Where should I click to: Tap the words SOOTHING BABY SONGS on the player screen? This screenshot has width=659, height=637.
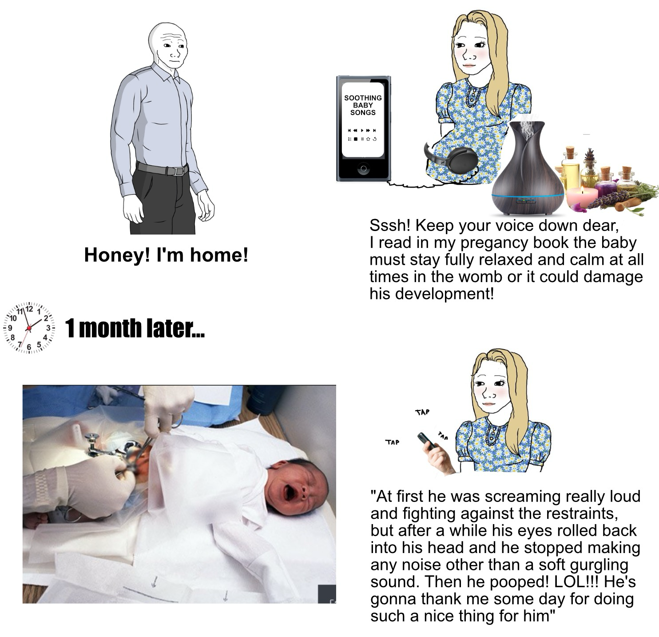point(363,105)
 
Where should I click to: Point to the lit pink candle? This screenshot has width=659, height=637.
point(582,196)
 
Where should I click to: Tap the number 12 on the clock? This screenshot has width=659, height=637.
point(29,309)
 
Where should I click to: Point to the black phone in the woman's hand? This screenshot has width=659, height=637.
point(427,441)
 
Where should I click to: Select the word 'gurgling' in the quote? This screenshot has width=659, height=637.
point(599,565)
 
